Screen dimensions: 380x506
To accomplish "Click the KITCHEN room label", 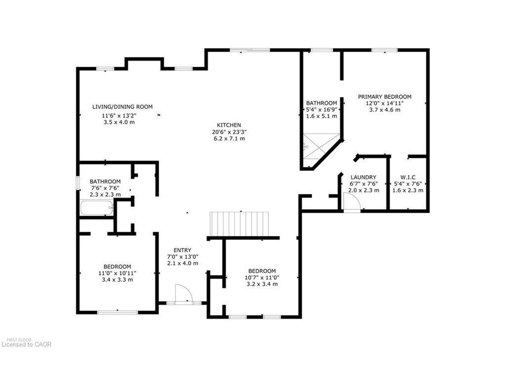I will tap(228, 125).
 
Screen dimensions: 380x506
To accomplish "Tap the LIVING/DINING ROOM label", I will tap(122, 106).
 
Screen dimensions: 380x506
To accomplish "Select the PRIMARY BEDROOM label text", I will tap(384, 96).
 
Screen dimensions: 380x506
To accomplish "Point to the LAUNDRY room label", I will tap(363, 177).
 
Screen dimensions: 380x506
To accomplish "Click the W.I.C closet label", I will tap(407, 177).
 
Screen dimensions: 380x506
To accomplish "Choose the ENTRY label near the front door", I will tap(182, 250).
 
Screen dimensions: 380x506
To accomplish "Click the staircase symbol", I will tap(239, 224).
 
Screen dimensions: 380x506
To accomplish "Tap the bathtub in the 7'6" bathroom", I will tap(97, 208).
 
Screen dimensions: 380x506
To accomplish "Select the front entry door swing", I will tap(183, 293).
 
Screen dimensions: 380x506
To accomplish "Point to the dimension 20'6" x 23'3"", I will tap(228, 132).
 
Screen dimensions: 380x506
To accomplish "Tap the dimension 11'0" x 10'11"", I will tap(117, 273).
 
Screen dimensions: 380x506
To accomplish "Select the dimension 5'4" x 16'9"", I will tap(322, 110).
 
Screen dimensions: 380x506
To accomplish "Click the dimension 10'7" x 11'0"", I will tap(262, 278).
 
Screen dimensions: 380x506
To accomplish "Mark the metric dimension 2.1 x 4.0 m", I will tap(182, 263).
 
